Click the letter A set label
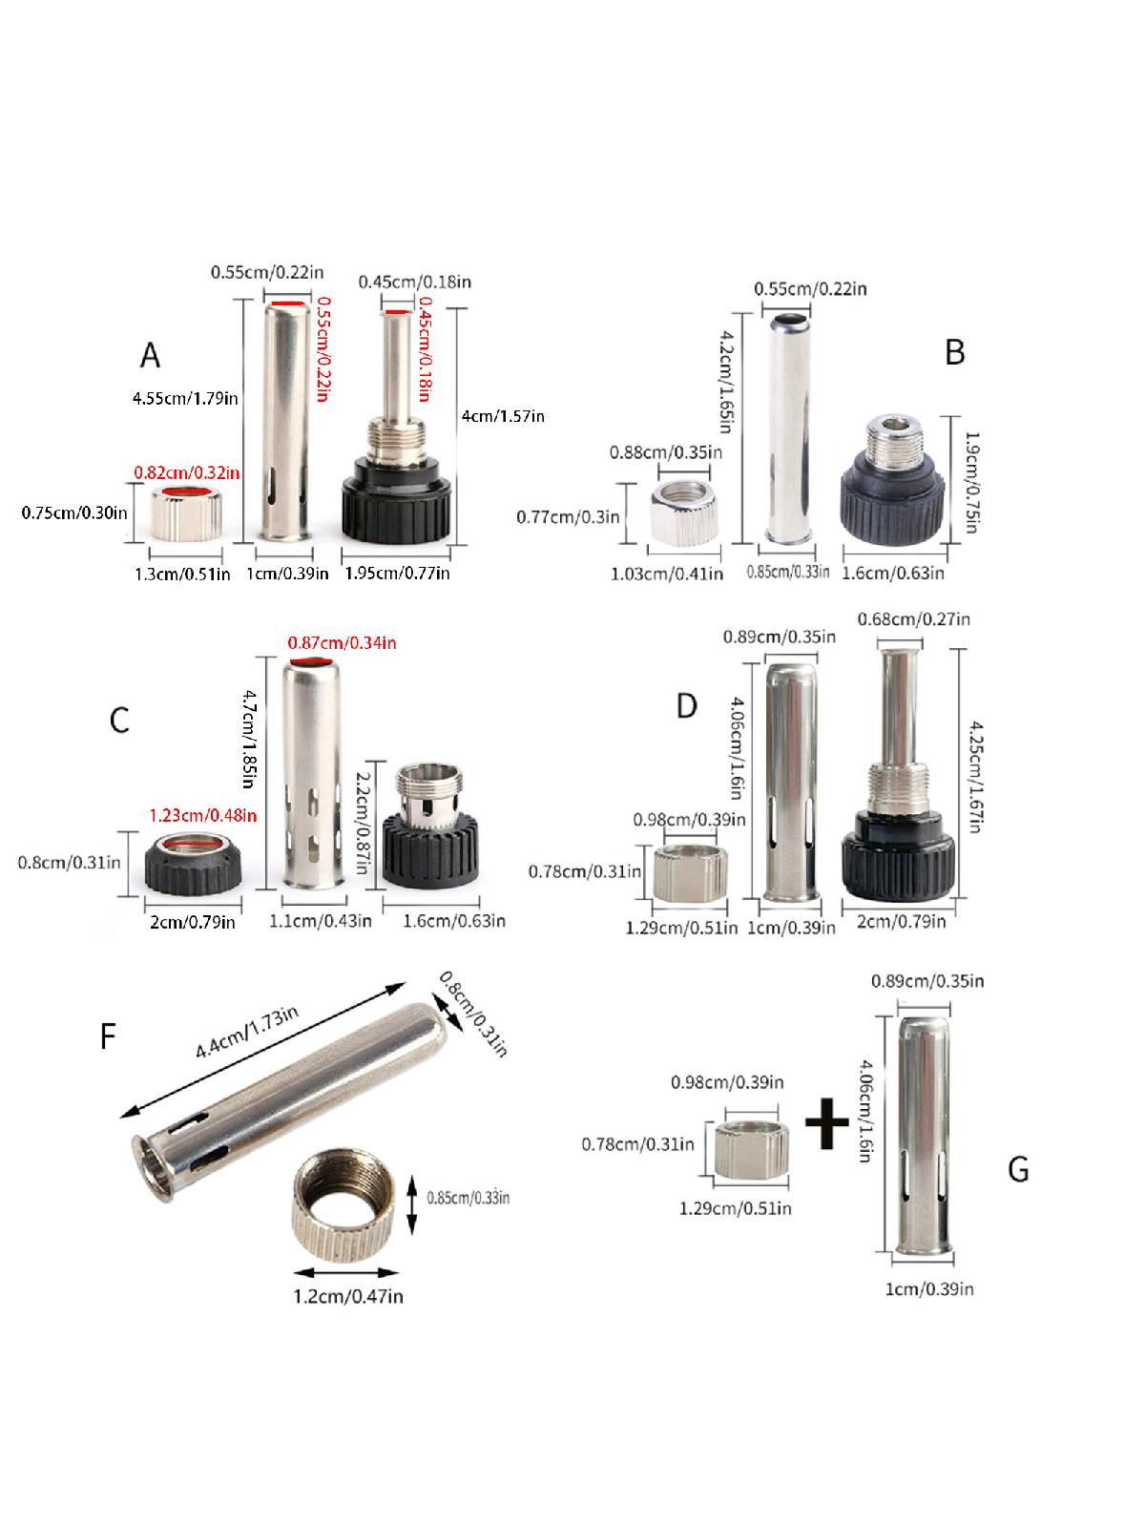[x=150, y=355]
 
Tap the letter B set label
[x=954, y=351]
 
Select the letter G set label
[x=1018, y=1169]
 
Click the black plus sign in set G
[x=826, y=1122]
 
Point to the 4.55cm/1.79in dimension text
[x=185, y=398]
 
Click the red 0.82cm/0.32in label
[x=187, y=473]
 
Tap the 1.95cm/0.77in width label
[x=397, y=573]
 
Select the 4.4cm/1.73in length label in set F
[x=247, y=1033]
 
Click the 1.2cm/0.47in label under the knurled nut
[x=347, y=1296]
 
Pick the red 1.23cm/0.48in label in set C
[x=203, y=815]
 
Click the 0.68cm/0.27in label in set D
[x=913, y=618]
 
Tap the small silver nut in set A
[x=186, y=514]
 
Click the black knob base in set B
[x=893, y=481]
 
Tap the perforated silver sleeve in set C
[x=314, y=774]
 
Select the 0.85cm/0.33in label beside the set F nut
[x=468, y=1197]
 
